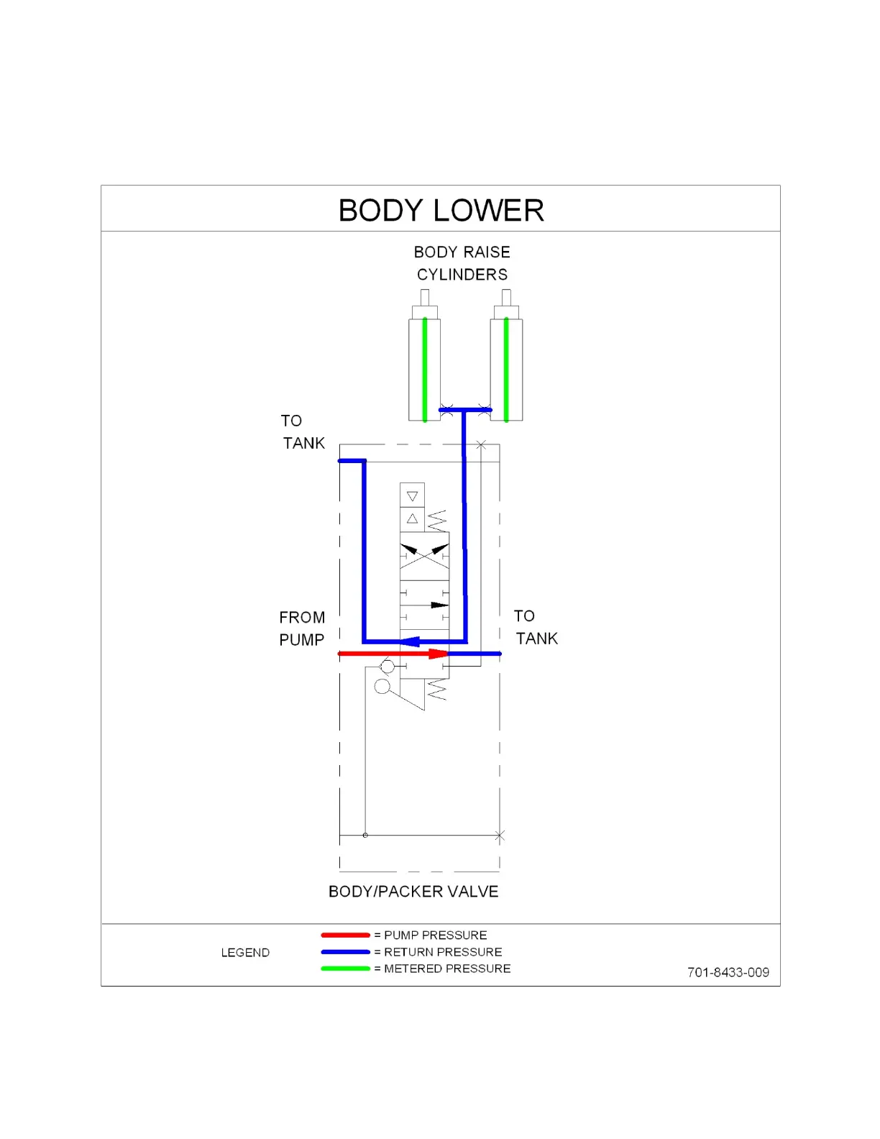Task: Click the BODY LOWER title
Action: (441, 211)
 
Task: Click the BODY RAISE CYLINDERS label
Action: (462, 263)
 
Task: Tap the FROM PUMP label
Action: (302, 628)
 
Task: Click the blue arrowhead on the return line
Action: (411, 641)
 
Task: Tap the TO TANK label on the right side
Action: (536, 627)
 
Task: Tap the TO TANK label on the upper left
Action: (303, 431)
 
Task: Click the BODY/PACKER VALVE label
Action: (413, 892)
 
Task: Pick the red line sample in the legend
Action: (345, 935)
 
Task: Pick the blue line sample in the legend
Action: (345, 952)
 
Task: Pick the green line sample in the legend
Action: (345, 969)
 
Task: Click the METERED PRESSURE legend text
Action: (447, 969)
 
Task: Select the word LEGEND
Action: (245, 953)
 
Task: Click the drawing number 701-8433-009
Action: (728, 972)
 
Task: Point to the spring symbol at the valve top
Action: (437, 520)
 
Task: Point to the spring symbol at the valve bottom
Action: (437, 690)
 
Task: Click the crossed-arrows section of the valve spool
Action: (424, 555)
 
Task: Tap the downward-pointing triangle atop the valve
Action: (412, 496)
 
